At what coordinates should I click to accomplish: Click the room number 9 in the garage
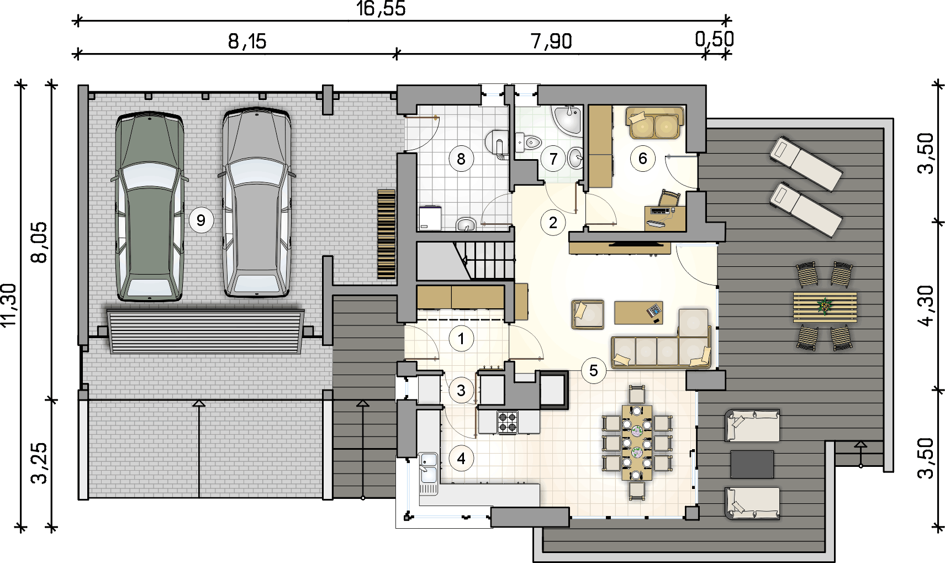point(201,220)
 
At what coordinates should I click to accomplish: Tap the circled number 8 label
point(461,159)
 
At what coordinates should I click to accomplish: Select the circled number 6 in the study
point(642,158)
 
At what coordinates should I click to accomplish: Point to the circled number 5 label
point(594,371)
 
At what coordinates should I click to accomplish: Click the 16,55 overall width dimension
point(381,8)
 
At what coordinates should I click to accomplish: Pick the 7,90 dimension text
point(551,41)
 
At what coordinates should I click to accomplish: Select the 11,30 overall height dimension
point(9,304)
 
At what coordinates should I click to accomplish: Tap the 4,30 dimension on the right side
point(926,307)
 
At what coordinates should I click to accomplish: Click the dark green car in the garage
point(150,207)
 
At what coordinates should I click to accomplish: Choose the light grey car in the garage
point(256,203)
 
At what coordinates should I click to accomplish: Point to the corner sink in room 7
point(568,120)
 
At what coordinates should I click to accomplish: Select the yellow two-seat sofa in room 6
point(654,123)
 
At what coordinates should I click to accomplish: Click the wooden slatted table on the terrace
point(825,307)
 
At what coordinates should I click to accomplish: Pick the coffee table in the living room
point(638,313)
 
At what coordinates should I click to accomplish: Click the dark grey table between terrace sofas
point(752,464)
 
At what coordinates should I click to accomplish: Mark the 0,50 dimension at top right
point(714,39)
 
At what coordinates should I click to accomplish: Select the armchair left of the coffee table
point(588,314)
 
